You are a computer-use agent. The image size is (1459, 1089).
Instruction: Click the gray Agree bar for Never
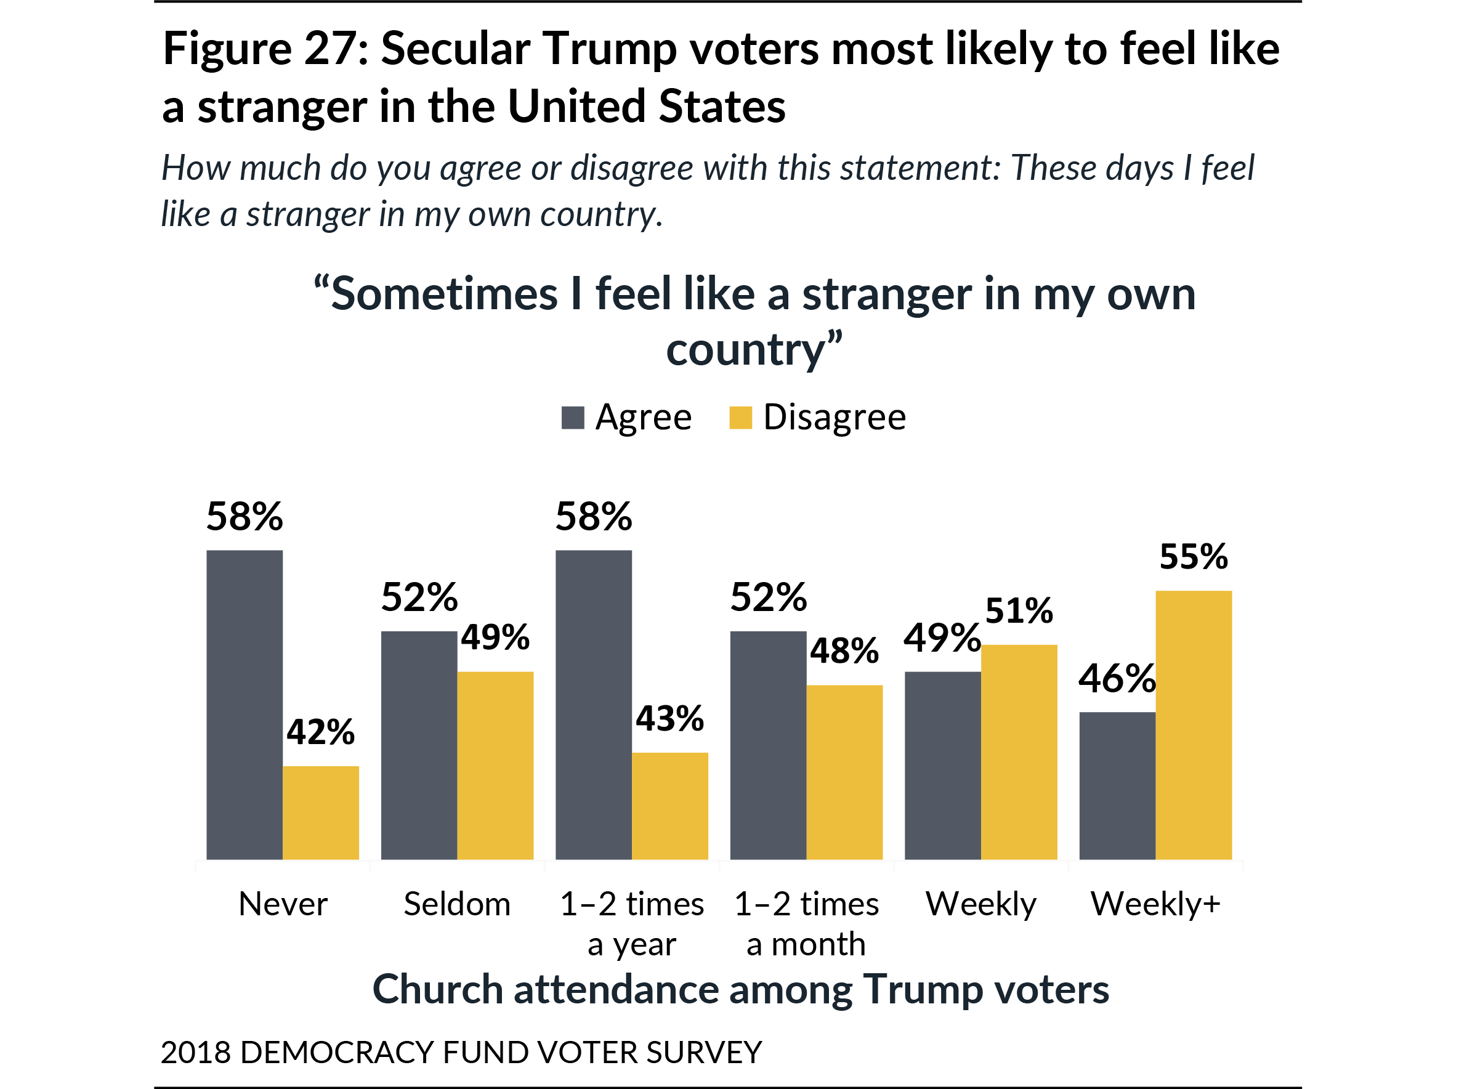tap(245, 705)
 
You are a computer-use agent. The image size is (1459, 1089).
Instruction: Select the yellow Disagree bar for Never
tap(321, 813)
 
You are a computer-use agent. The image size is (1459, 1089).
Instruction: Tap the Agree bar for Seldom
tap(419, 745)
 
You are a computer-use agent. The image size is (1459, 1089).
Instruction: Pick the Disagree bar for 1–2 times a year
tap(669, 806)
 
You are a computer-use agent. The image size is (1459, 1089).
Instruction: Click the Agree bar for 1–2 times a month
tap(768, 745)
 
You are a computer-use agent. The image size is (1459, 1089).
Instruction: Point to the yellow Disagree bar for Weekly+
tap(1193, 725)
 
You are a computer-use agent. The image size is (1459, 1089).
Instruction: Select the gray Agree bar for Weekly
tap(942, 766)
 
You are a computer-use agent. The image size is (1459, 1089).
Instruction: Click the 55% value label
tap(1194, 557)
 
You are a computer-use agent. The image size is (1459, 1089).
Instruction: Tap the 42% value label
tap(321, 732)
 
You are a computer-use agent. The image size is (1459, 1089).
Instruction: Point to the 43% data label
tap(669, 719)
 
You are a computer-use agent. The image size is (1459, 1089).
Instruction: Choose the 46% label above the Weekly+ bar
tap(1117, 679)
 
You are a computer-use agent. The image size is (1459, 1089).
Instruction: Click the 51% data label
tap(1019, 611)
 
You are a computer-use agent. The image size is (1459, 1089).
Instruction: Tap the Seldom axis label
tap(457, 904)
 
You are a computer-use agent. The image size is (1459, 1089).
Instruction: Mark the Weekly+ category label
tap(1155, 904)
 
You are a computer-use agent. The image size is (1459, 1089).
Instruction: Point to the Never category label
tap(283, 904)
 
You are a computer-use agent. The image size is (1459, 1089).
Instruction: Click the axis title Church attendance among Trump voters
tap(741, 989)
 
